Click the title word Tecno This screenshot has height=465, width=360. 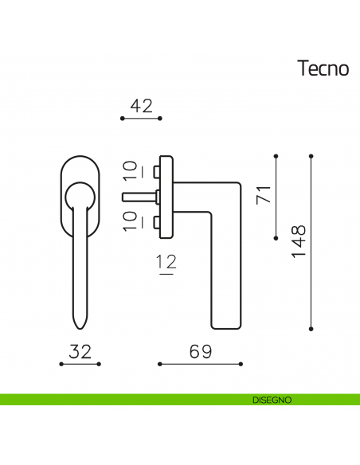323,68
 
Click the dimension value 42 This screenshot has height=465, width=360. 141,106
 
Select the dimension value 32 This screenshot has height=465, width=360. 80,352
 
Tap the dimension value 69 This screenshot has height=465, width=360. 200,352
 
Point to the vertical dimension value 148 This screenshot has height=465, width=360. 298,241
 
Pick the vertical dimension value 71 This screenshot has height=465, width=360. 263,194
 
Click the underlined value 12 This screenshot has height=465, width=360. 166,261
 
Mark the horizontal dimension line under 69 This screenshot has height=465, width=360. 200,364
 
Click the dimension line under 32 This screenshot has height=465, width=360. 80,364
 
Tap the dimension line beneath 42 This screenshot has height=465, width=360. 141,118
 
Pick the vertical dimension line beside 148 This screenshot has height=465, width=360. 310,241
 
